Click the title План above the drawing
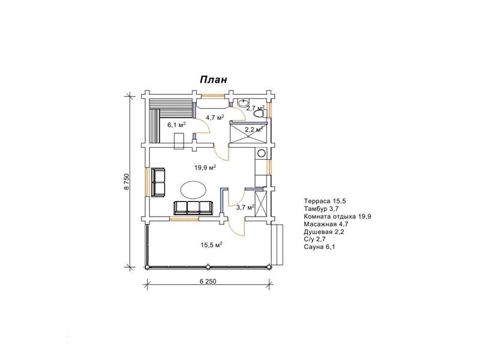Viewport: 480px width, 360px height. tap(214, 80)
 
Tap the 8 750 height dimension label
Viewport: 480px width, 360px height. tap(127, 182)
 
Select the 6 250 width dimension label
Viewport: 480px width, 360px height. tap(208, 281)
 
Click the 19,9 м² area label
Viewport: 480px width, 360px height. tap(205, 167)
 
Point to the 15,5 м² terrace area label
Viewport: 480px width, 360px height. tap(211, 245)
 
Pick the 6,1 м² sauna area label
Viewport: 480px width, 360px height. tap(176, 125)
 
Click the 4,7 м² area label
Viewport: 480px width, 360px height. tap(215, 117)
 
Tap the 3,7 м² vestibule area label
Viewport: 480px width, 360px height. tap(245, 208)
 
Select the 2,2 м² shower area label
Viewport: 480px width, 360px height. tap(254, 130)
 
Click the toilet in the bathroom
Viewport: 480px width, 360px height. tap(260, 114)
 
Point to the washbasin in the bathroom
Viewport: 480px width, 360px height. tap(243, 103)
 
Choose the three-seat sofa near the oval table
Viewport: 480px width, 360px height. tap(193, 208)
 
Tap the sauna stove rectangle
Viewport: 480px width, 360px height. tap(179, 141)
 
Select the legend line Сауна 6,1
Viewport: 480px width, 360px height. tap(319, 247)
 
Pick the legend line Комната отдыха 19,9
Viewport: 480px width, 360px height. tap(338, 217)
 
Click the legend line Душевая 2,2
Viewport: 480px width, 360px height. tap(324, 232)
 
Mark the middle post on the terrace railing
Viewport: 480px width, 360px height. tap(208, 267)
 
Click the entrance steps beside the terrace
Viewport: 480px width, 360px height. tap(278, 245)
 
